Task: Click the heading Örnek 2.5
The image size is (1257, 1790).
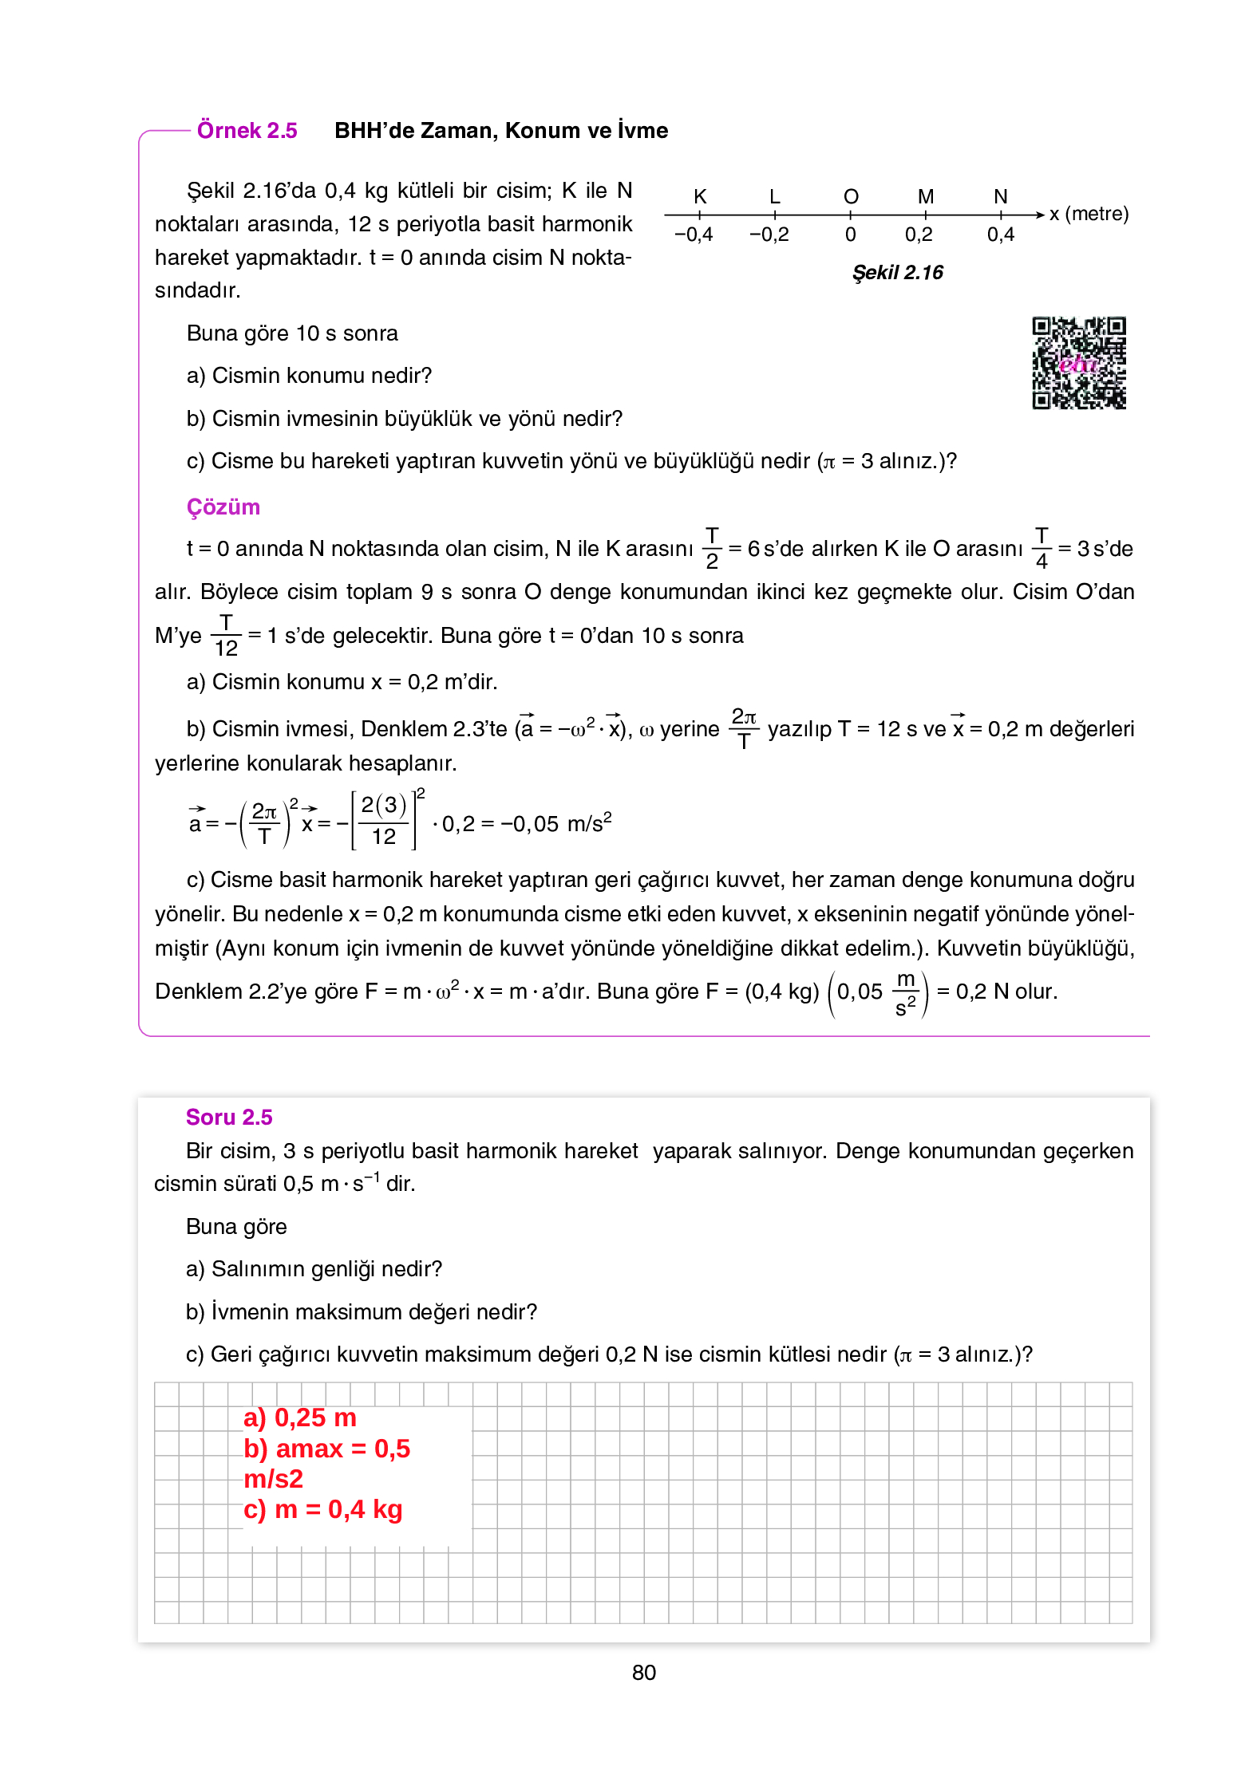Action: (247, 131)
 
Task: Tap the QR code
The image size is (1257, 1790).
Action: (1078, 364)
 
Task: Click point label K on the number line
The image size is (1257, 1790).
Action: (700, 197)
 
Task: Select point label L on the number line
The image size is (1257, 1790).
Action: (774, 197)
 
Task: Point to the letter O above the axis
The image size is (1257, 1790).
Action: (851, 197)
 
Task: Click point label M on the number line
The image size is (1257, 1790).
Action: (926, 197)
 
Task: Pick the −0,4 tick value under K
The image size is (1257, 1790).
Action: (694, 235)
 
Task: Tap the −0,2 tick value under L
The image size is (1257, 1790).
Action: (769, 235)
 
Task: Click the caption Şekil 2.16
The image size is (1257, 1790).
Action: (898, 273)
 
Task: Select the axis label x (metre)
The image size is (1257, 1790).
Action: (1089, 214)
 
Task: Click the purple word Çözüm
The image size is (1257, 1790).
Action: (223, 507)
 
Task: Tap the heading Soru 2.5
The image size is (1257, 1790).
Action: (229, 1118)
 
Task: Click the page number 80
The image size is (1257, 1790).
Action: (643, 1673)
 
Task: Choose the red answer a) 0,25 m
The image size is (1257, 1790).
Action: (300, 1417)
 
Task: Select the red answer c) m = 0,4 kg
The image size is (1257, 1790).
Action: (323, 1509)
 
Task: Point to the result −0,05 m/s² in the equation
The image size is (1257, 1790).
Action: (556, 823)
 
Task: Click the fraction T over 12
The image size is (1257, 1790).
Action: (226, 636)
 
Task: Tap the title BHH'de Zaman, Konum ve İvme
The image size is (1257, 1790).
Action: (501, 131)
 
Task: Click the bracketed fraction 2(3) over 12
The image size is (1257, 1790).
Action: (384, 821)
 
